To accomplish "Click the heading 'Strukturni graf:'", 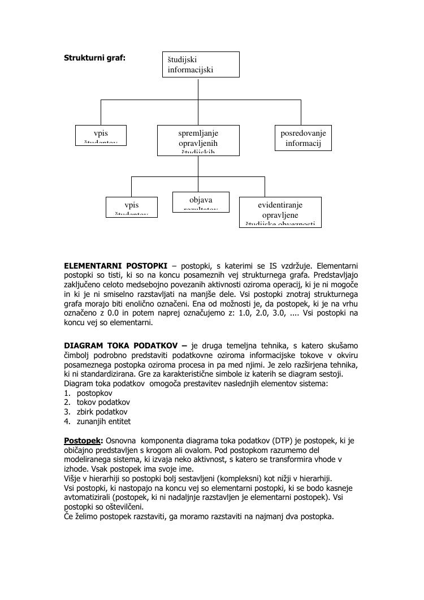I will click(x=94, y=58).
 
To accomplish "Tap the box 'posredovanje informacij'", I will click(x=303, y=138).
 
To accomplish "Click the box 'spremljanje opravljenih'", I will click(x=198, y=140).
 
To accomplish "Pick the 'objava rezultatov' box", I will click(x=201, y=202).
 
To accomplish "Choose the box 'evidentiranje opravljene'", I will click(x=280, y=211).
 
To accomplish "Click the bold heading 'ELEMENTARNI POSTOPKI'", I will click(x=115, y=265).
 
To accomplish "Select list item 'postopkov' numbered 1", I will click(x=94, y=392).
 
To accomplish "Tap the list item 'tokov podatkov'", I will click(x=103, y=402).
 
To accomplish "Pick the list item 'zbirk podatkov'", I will click(x=102, y=412).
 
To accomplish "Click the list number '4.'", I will click(x=67, y=421).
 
